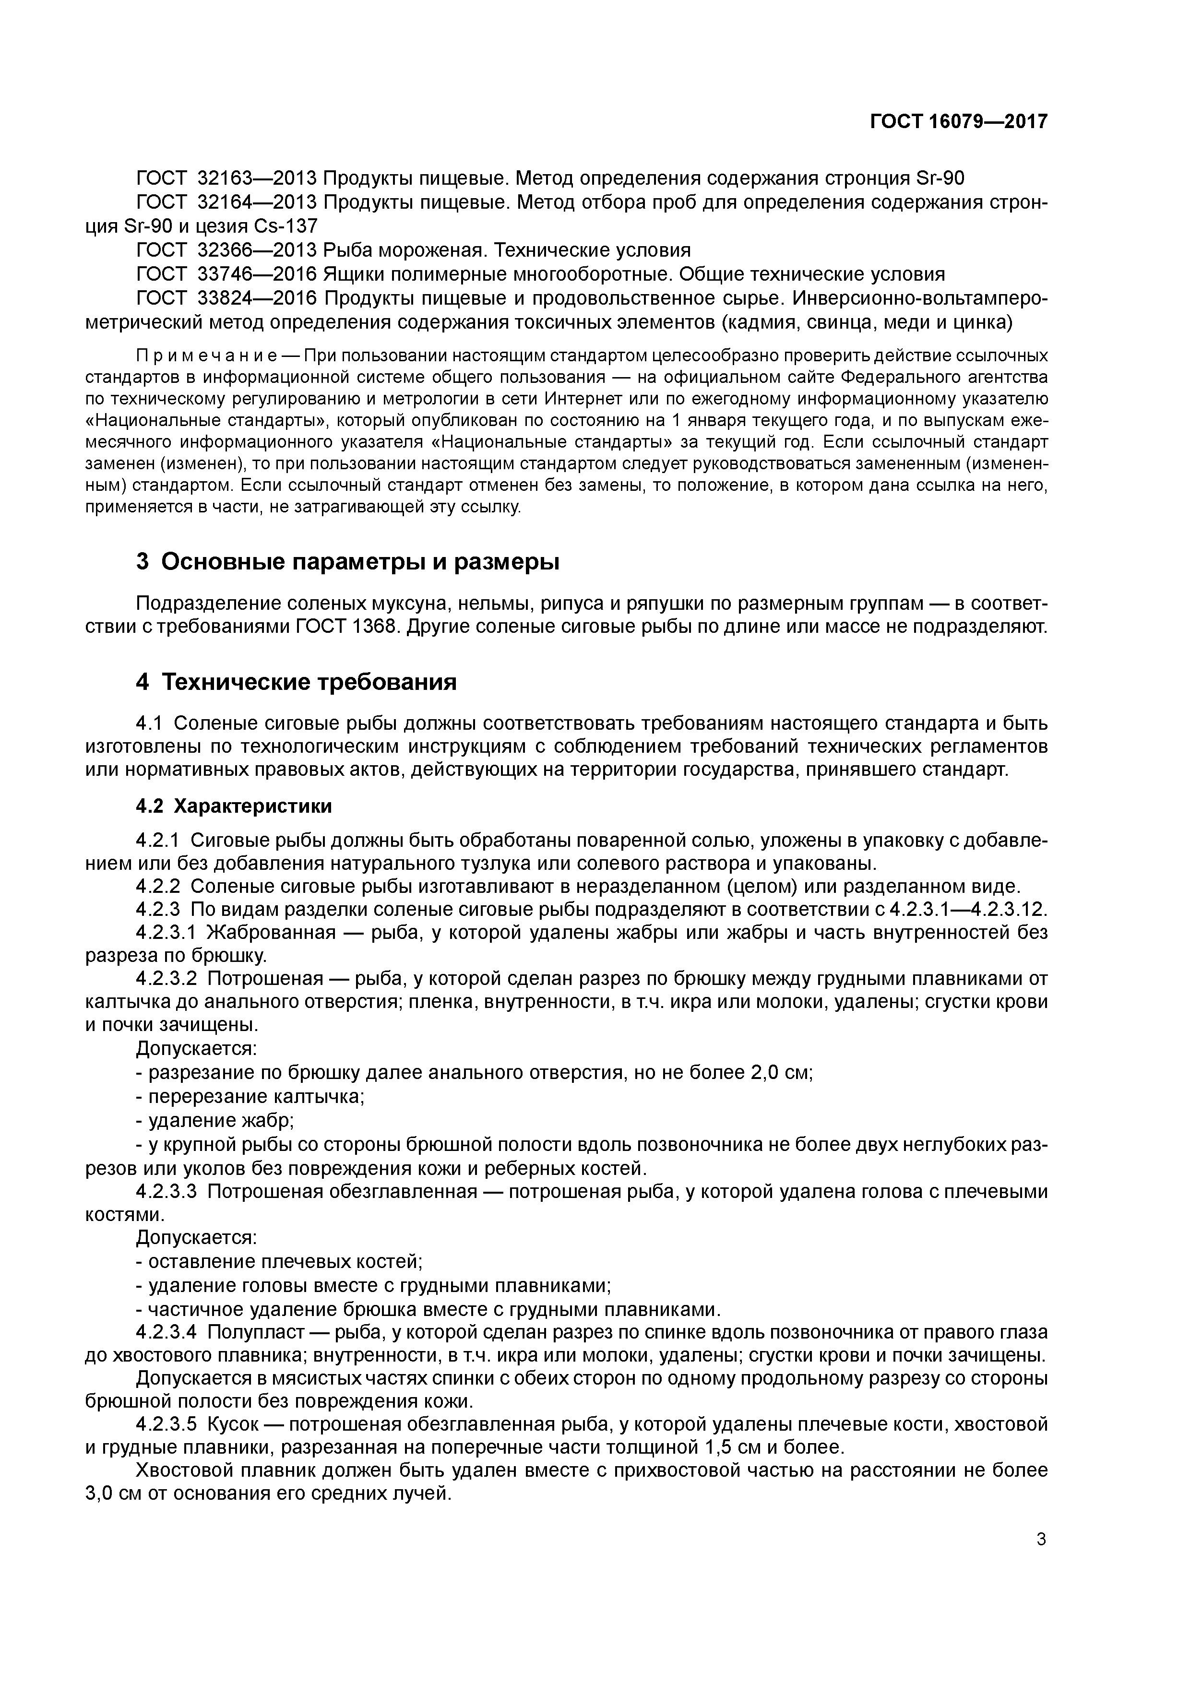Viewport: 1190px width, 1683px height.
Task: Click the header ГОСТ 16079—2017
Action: [958, 121]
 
